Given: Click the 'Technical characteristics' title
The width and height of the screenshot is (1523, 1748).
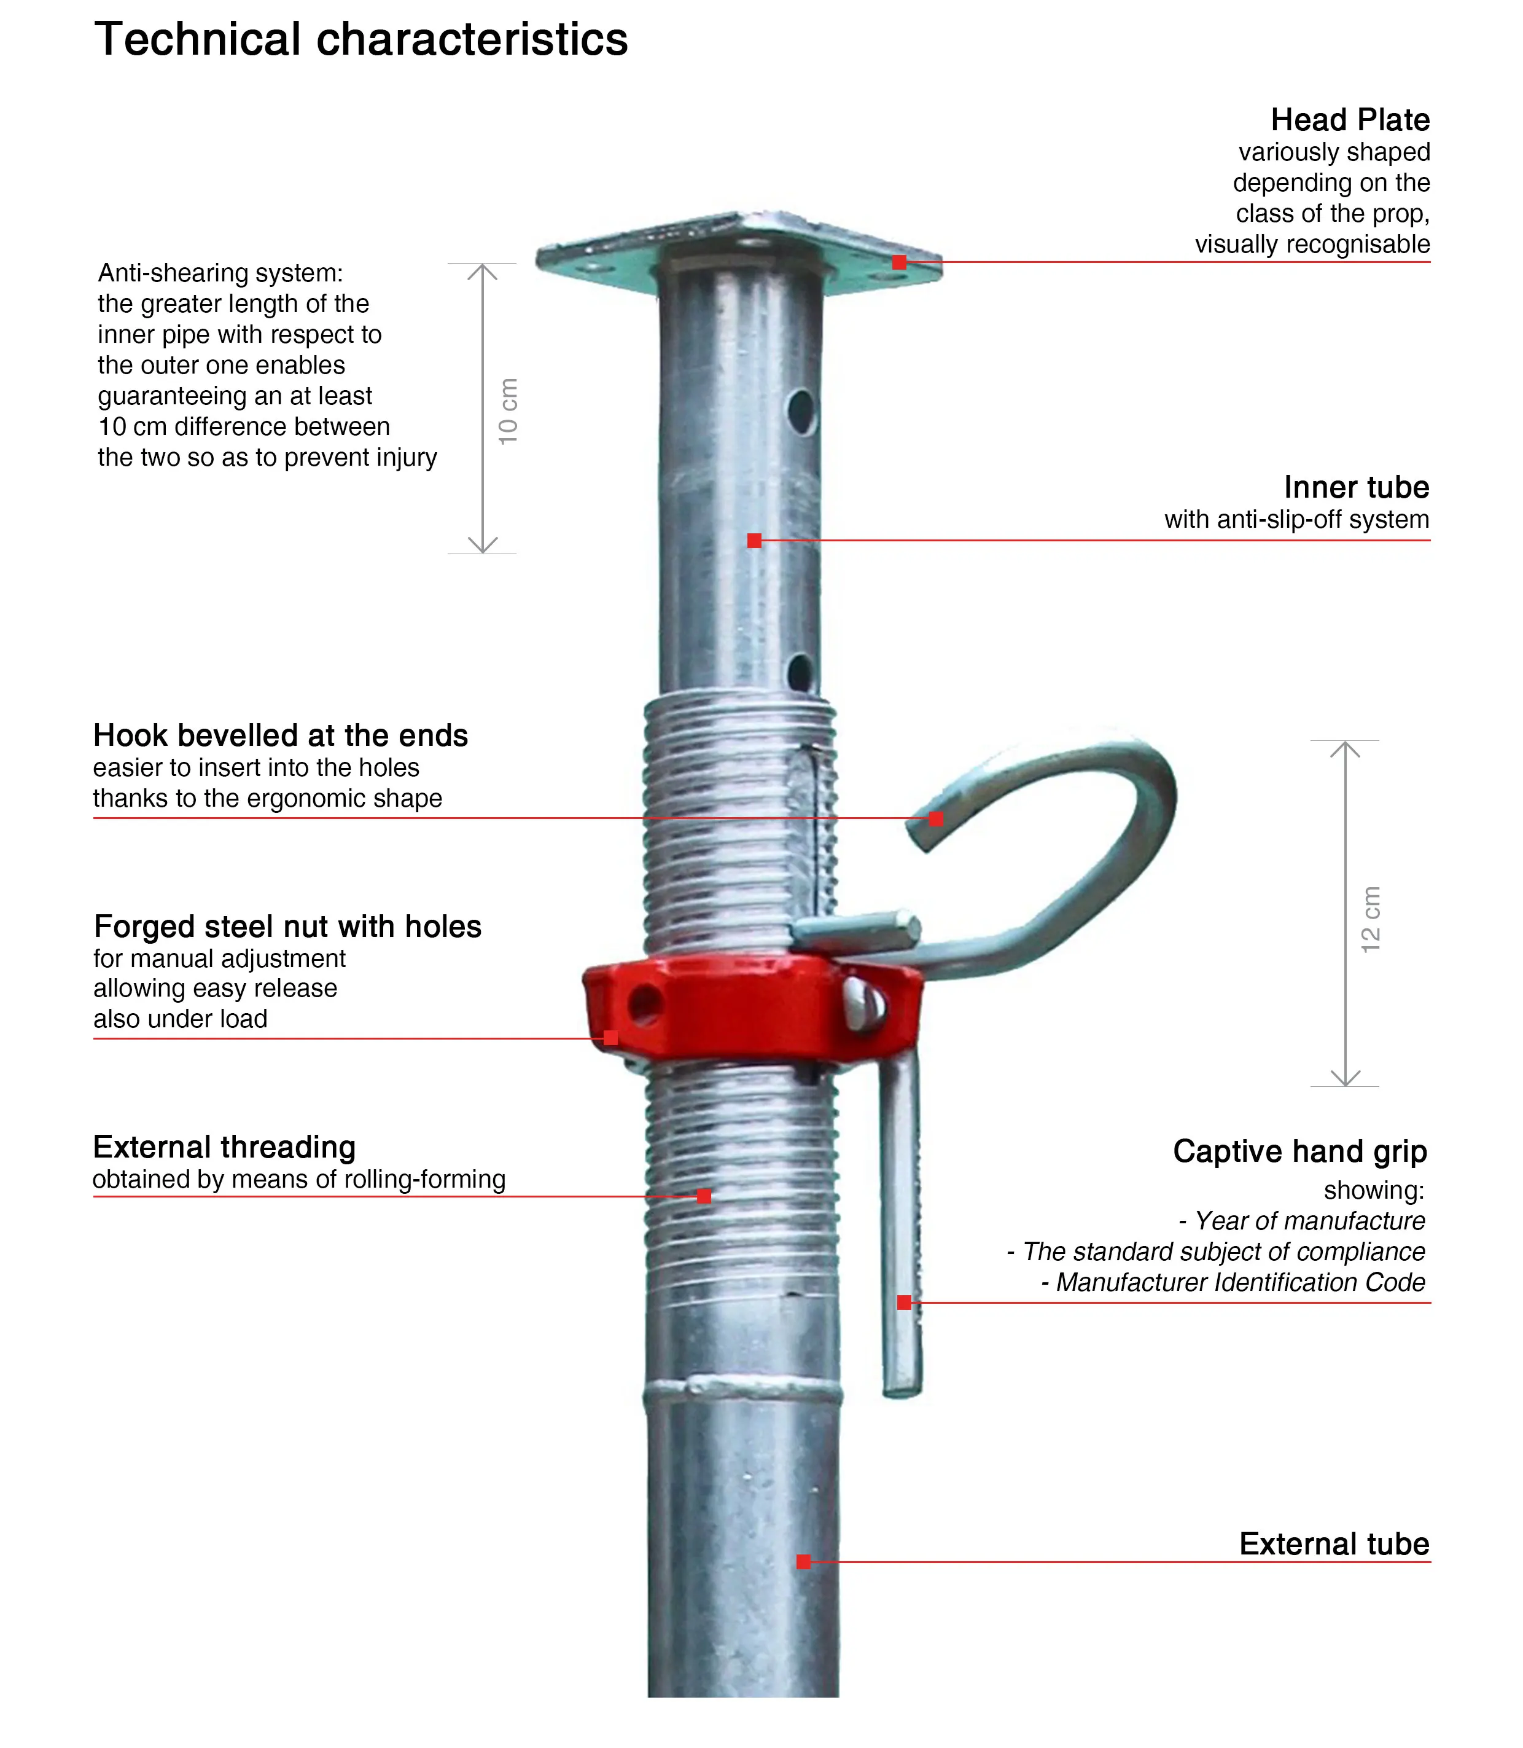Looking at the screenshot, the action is (x=361, y=40).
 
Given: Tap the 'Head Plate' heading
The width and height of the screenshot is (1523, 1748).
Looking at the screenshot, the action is (x=1350, y=120).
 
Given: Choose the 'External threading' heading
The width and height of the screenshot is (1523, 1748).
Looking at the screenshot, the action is (x=224, y=1147).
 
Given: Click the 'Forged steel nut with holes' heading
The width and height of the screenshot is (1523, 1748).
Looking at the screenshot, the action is (x=287, y=926).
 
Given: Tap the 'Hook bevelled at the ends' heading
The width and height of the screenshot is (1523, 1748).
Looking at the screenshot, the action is (x=281, y=735).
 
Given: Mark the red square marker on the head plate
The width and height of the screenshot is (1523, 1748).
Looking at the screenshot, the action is (x=899, y=263).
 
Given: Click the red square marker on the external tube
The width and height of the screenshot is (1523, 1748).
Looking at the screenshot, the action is (x=803, y=1561).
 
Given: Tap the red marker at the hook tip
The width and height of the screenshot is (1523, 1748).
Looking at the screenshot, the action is (x=936, y=819).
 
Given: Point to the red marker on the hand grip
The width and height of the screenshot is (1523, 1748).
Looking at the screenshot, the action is (x=904, y=1302).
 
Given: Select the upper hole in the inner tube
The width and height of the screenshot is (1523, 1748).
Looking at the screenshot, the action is (x=801, y=410).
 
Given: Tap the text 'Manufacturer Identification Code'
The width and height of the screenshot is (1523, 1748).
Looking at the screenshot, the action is (x=1240, y=1282).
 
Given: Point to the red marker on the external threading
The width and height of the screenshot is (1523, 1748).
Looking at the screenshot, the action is (x=704, y=1196).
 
